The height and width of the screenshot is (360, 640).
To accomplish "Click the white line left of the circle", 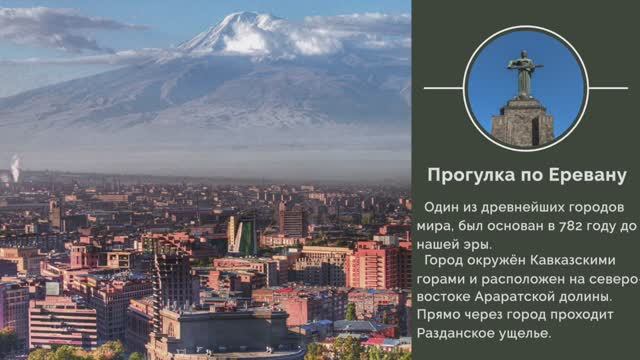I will tap(441, 88).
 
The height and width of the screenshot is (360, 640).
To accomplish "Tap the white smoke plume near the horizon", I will tap(14, 167).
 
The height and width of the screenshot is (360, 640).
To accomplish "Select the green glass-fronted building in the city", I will tap(243, 234).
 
